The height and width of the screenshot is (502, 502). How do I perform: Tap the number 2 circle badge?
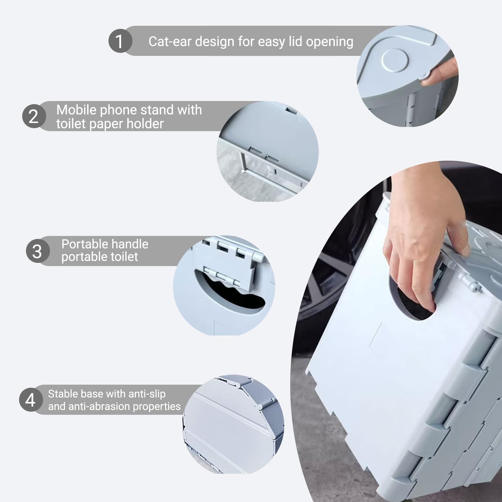tap(34, 116)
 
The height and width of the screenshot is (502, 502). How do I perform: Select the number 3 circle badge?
tap(38, 251)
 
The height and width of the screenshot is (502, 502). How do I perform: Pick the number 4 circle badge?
tap(31, 400)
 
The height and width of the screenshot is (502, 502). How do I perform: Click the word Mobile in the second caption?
tap(76, 110)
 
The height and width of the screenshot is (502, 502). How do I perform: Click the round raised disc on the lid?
tap(395, 60)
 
